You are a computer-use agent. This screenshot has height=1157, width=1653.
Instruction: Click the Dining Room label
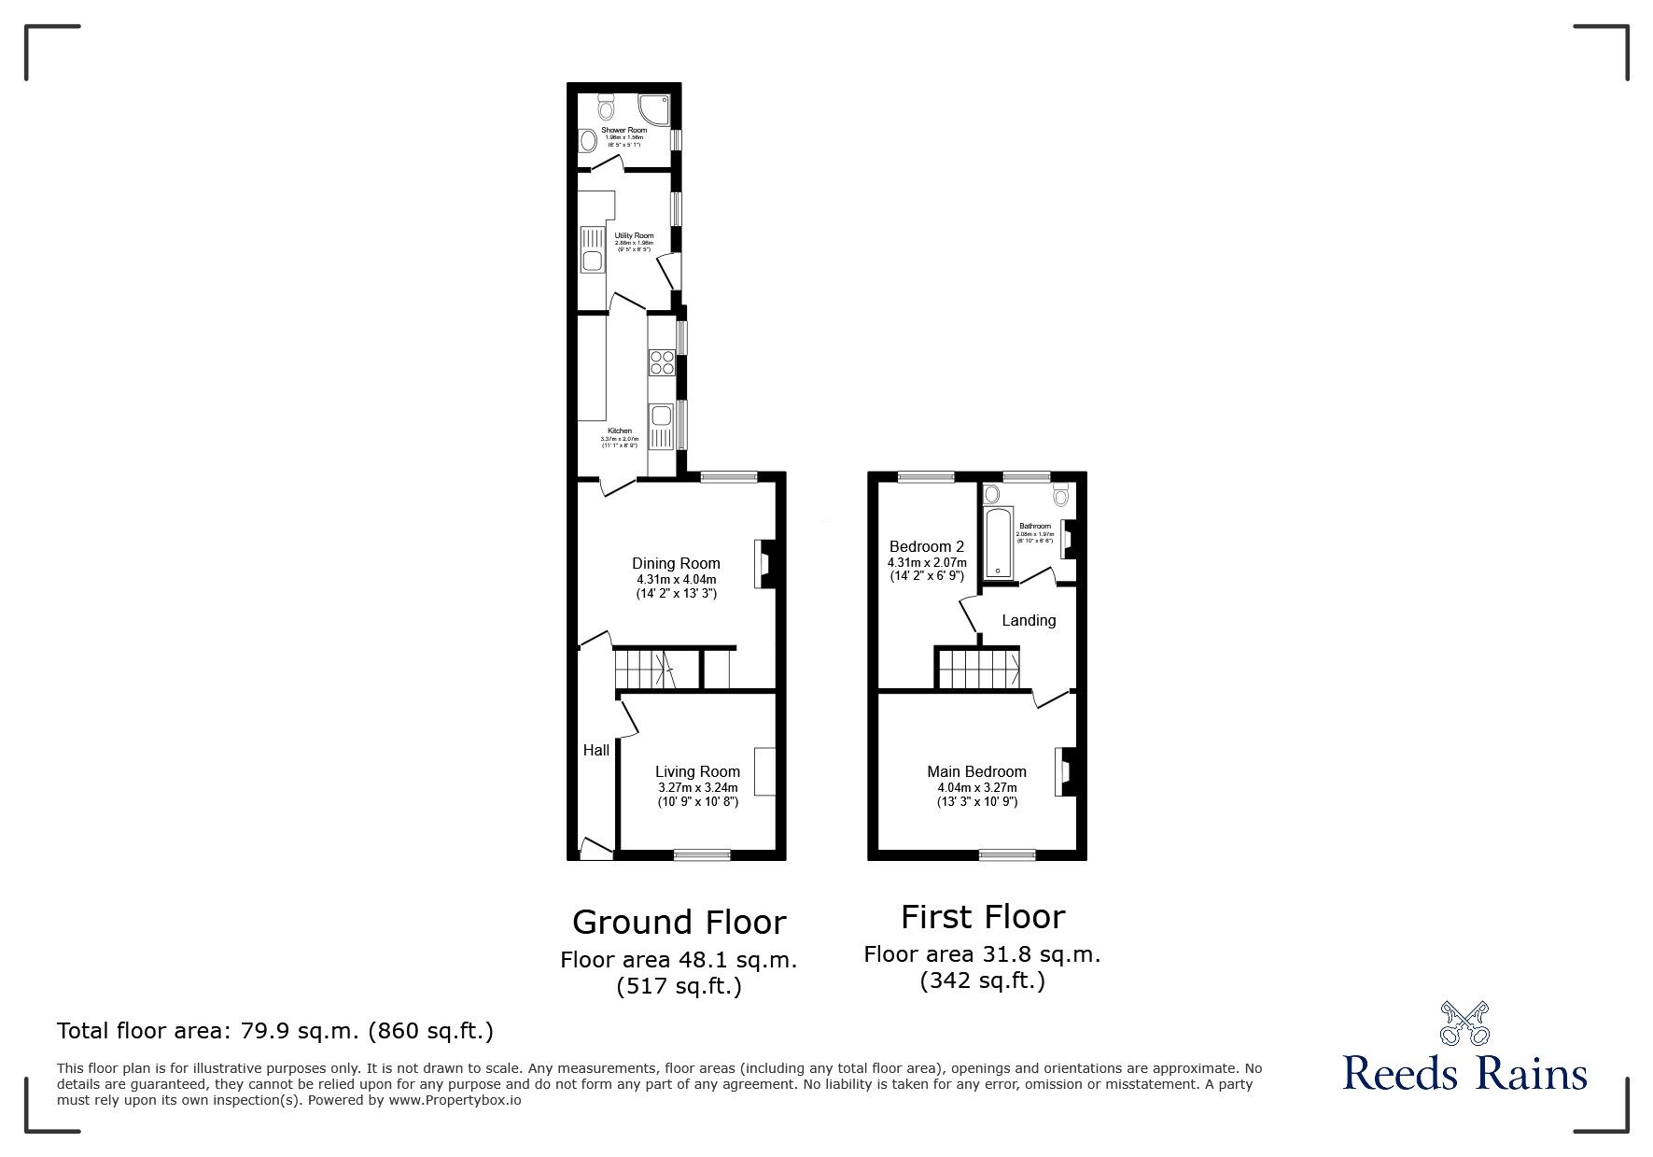(x=676, y=563)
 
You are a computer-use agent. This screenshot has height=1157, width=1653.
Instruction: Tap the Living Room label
(x=697, y=771)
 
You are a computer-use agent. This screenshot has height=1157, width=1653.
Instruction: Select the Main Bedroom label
(x=976, y=771)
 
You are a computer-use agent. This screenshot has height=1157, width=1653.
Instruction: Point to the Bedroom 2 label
(x=926, y=546)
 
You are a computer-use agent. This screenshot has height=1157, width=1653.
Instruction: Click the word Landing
(x=1029, y=620)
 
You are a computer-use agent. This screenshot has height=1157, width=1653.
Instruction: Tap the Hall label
(x=595, y=750)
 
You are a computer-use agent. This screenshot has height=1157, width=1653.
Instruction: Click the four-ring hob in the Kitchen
(x=662, y=361)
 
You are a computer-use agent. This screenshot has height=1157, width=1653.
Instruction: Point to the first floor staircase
(x=978, y=670)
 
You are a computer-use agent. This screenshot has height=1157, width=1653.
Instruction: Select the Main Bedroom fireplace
(x=1064, y=771)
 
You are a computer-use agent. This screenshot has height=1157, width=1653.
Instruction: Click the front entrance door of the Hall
(x=594, y=849)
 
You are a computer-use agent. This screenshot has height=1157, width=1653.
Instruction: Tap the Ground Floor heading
(x=679, y=923)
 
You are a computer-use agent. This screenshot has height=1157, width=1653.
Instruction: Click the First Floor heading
(x=982, y=917)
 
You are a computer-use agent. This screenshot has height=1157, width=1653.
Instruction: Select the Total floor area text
(x=275, y=1031)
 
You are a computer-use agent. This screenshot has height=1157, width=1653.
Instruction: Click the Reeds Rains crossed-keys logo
(x=1464, y=1023)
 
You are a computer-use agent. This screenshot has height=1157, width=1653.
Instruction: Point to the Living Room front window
(x=702, y=854)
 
